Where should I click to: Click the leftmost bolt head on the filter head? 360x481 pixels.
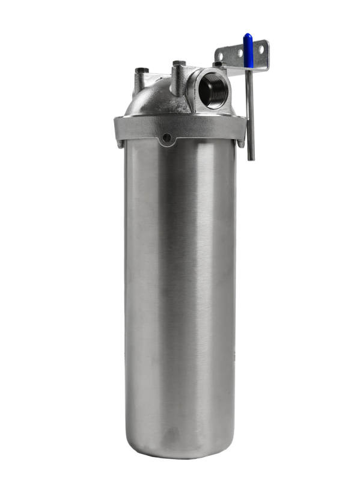141,70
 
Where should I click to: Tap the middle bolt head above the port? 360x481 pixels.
178,63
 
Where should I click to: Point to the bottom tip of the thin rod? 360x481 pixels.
251,159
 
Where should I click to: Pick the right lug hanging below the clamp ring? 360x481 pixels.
241,143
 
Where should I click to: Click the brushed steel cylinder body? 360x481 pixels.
180,289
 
